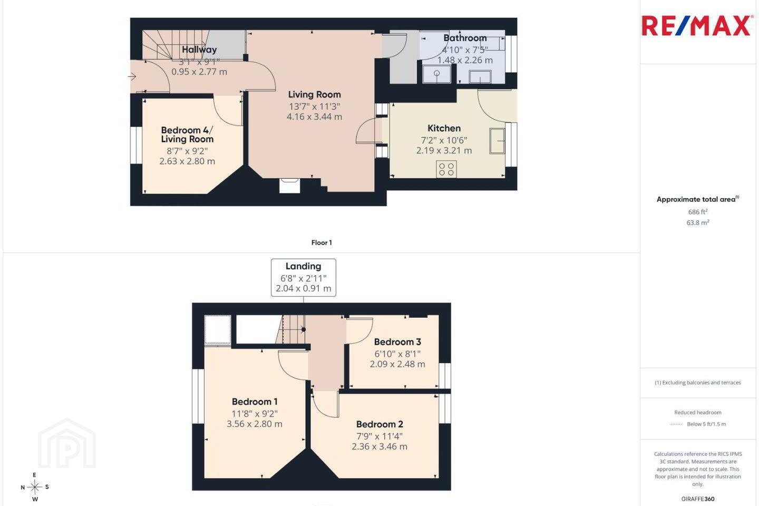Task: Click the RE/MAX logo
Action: [x=696, y=26]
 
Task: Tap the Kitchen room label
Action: [x=444, y=129]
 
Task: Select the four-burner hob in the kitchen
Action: [x=446, y=169]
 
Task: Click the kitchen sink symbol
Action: [x=497, y=141]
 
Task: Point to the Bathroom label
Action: [x=465, y=38]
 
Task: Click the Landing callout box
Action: [x=303, y=278]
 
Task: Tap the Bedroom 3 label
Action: [x=397, y=342]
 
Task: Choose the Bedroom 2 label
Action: [x=379, y=424]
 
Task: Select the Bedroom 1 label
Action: [x=255, y=402]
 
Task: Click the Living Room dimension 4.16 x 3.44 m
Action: [x=314, y=117]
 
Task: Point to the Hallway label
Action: [x=199, y=50]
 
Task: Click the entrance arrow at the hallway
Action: [x=132, y=76]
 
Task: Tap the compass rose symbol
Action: [x=35, y=488]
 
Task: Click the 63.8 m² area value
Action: [x=698, y=222]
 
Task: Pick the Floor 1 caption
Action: [x=322, y=242]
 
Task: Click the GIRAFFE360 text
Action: [x=698, y=499]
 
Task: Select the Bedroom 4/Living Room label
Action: [x=187, y=134]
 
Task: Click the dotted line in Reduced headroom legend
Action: [x=676, y=424]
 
